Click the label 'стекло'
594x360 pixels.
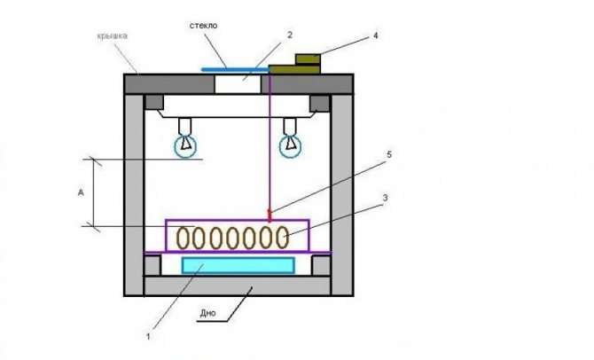[203, 26]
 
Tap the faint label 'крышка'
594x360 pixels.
[112, 36]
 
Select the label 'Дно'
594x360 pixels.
[208, 313]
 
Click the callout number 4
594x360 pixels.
[375, 35]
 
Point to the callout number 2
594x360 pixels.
[290, 35]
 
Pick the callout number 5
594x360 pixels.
[388, 154]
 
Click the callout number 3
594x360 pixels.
[385, 198]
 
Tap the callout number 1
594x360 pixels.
[149, 336]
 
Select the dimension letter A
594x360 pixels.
[81, 193]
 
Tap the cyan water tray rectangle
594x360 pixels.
[238, 265]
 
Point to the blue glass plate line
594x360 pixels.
[235, 69]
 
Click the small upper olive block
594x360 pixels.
[308, 59]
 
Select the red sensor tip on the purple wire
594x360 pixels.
[270, 215]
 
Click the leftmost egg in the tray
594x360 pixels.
[183, 238]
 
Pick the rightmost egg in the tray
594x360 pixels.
[281, 238]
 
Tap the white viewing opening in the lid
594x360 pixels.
[238, 83]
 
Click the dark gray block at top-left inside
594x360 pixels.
[154, 102]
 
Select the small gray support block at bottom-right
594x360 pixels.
[321, 266]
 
